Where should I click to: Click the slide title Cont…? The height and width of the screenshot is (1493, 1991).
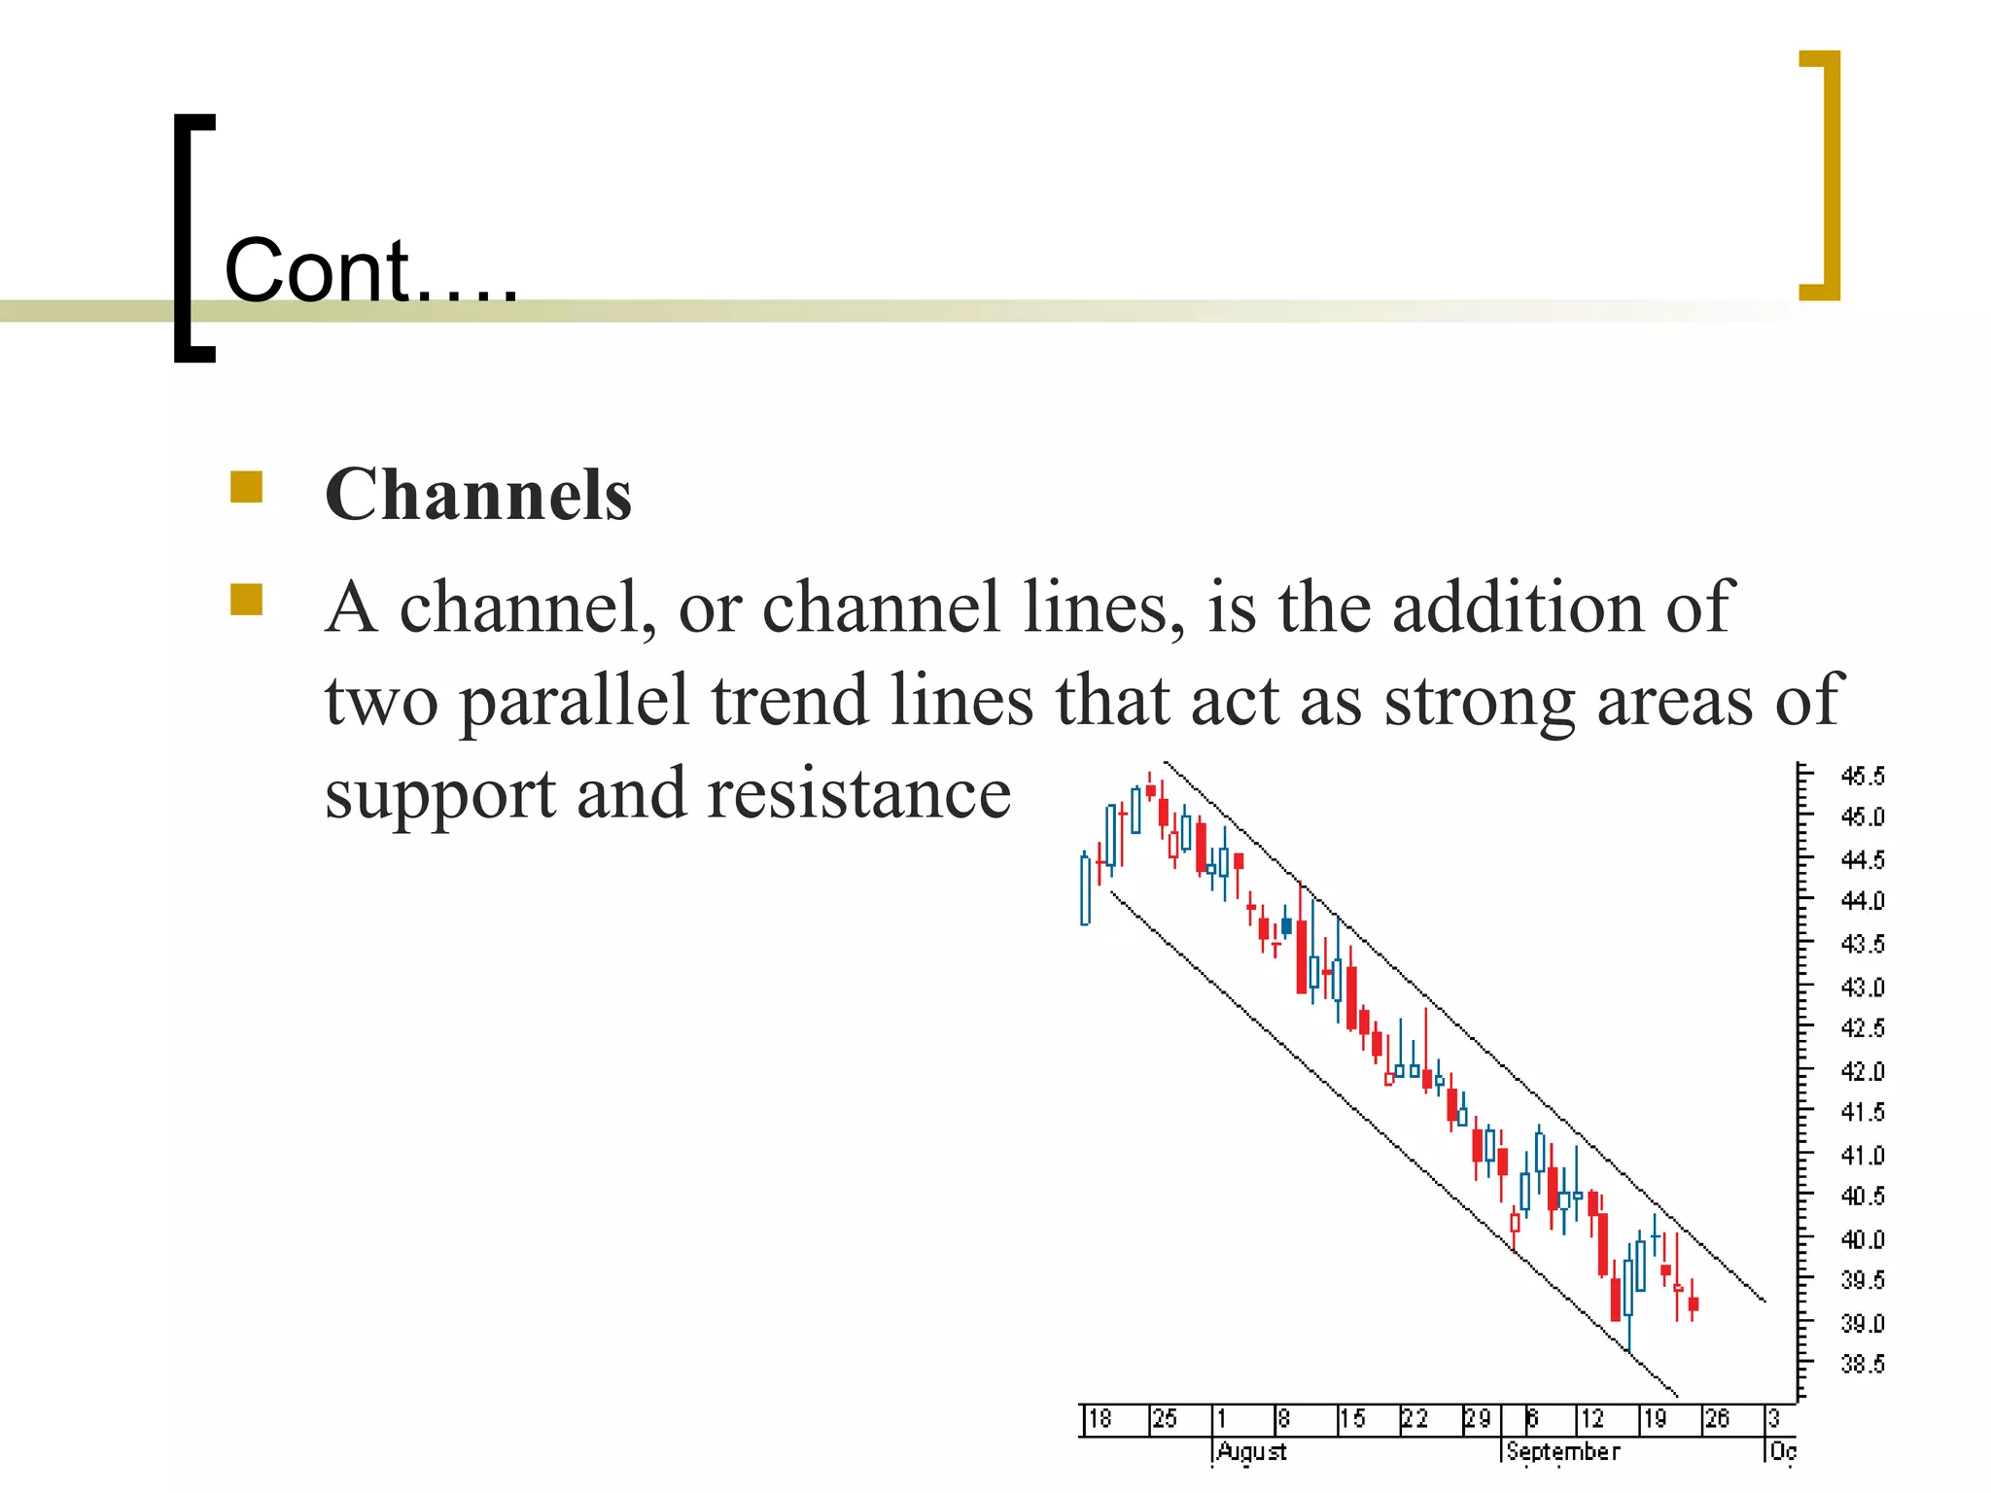pyautogui.click(x=370, y=271)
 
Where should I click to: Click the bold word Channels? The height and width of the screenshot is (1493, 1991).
pyautogui.click(x=477, y=495)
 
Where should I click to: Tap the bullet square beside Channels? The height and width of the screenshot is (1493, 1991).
pyautogui.click(x=247, y=487)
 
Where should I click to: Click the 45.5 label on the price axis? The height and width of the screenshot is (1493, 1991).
pyautogui.click(x=1862, y=776)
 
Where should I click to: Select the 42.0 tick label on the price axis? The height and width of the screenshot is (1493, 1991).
pyautogui.click(x=1862, y=1071)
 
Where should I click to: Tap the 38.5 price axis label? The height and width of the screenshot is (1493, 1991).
pyautogui.click(x=1862, y=1365)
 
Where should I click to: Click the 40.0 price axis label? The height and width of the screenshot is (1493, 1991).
pyautogui.click(x=1862, y=1239)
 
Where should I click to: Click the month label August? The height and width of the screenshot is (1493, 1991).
pyautogui.click(x=1251, y=1451)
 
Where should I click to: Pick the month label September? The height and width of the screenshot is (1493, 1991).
pyautogui.click(x=1562, y=1451)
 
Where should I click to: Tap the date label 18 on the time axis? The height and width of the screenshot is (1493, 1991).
pyautogui.click(x=1099, y=1419)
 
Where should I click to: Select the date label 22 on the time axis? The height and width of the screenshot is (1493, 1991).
pyautogui.click(x=1415, y=1419)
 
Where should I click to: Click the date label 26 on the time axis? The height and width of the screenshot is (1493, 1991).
pyautogui.click(x=1717, y=1419)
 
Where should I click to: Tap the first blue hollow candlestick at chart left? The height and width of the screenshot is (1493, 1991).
pyautogui.click(x=1085, y=889)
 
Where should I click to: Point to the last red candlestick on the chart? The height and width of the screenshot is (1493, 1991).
pyautogui.click(x=1693, y=1303)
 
